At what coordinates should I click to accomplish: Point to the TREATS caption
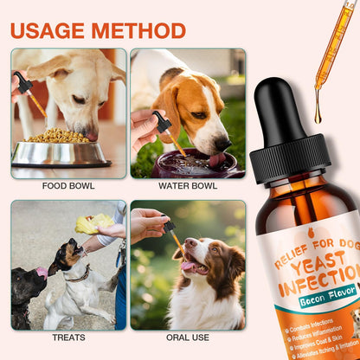tap(68, 337)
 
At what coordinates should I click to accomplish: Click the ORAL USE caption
tap(188, 337)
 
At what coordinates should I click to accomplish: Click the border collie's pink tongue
tap(186, 267)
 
